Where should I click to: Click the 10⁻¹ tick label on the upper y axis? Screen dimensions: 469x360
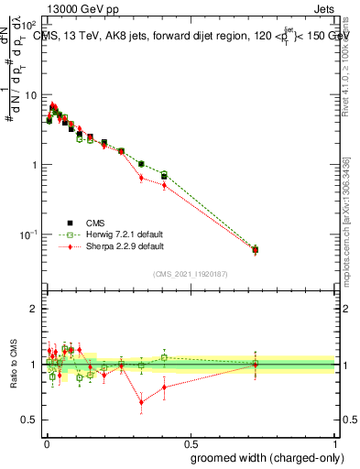click(29, 234)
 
